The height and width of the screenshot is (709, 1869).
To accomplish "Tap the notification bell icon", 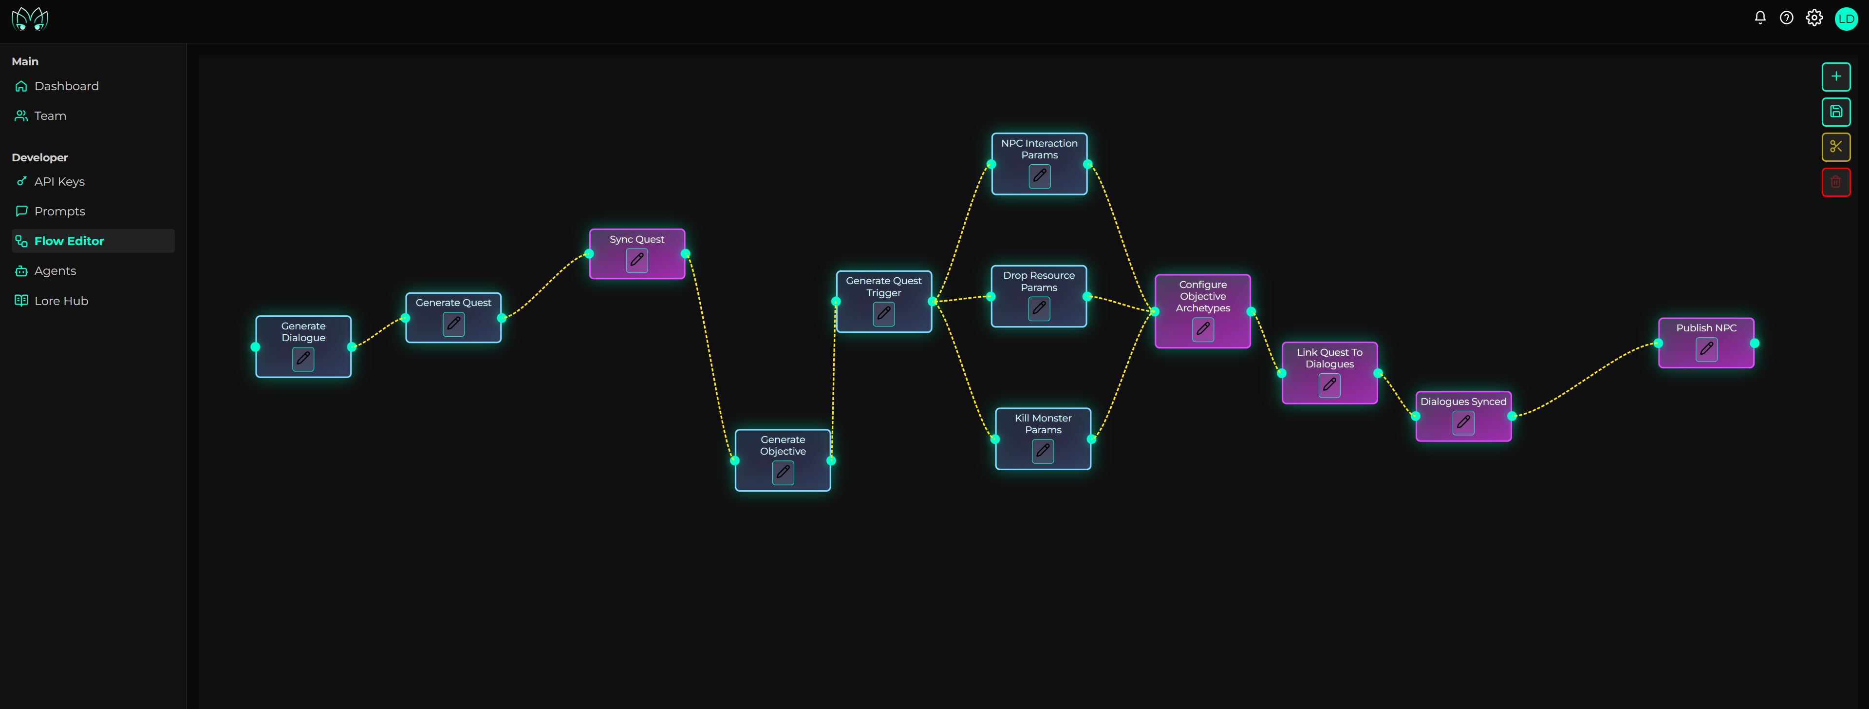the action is [1759, 18].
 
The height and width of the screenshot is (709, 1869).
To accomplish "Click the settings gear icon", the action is [1814, 18].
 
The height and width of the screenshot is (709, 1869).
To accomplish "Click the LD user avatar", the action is [1846, 18].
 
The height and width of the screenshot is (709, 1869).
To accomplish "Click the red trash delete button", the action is [1835, 182].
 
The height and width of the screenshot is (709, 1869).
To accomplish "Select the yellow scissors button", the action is [1835, 147].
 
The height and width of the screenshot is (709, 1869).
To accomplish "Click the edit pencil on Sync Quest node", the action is [637, 260].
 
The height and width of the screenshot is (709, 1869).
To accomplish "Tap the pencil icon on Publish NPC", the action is [1706, 349].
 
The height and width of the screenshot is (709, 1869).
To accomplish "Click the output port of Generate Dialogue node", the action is [352, 347].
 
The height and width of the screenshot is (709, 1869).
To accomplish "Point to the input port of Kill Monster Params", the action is [995, 439].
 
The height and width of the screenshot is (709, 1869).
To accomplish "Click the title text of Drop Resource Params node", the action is [1039, 282].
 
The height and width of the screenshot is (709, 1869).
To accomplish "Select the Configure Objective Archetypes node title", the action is [1203, 296].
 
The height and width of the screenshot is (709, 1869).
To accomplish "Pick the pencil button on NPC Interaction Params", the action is [1040, 175].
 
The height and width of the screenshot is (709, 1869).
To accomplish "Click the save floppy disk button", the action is [1835, 112].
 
